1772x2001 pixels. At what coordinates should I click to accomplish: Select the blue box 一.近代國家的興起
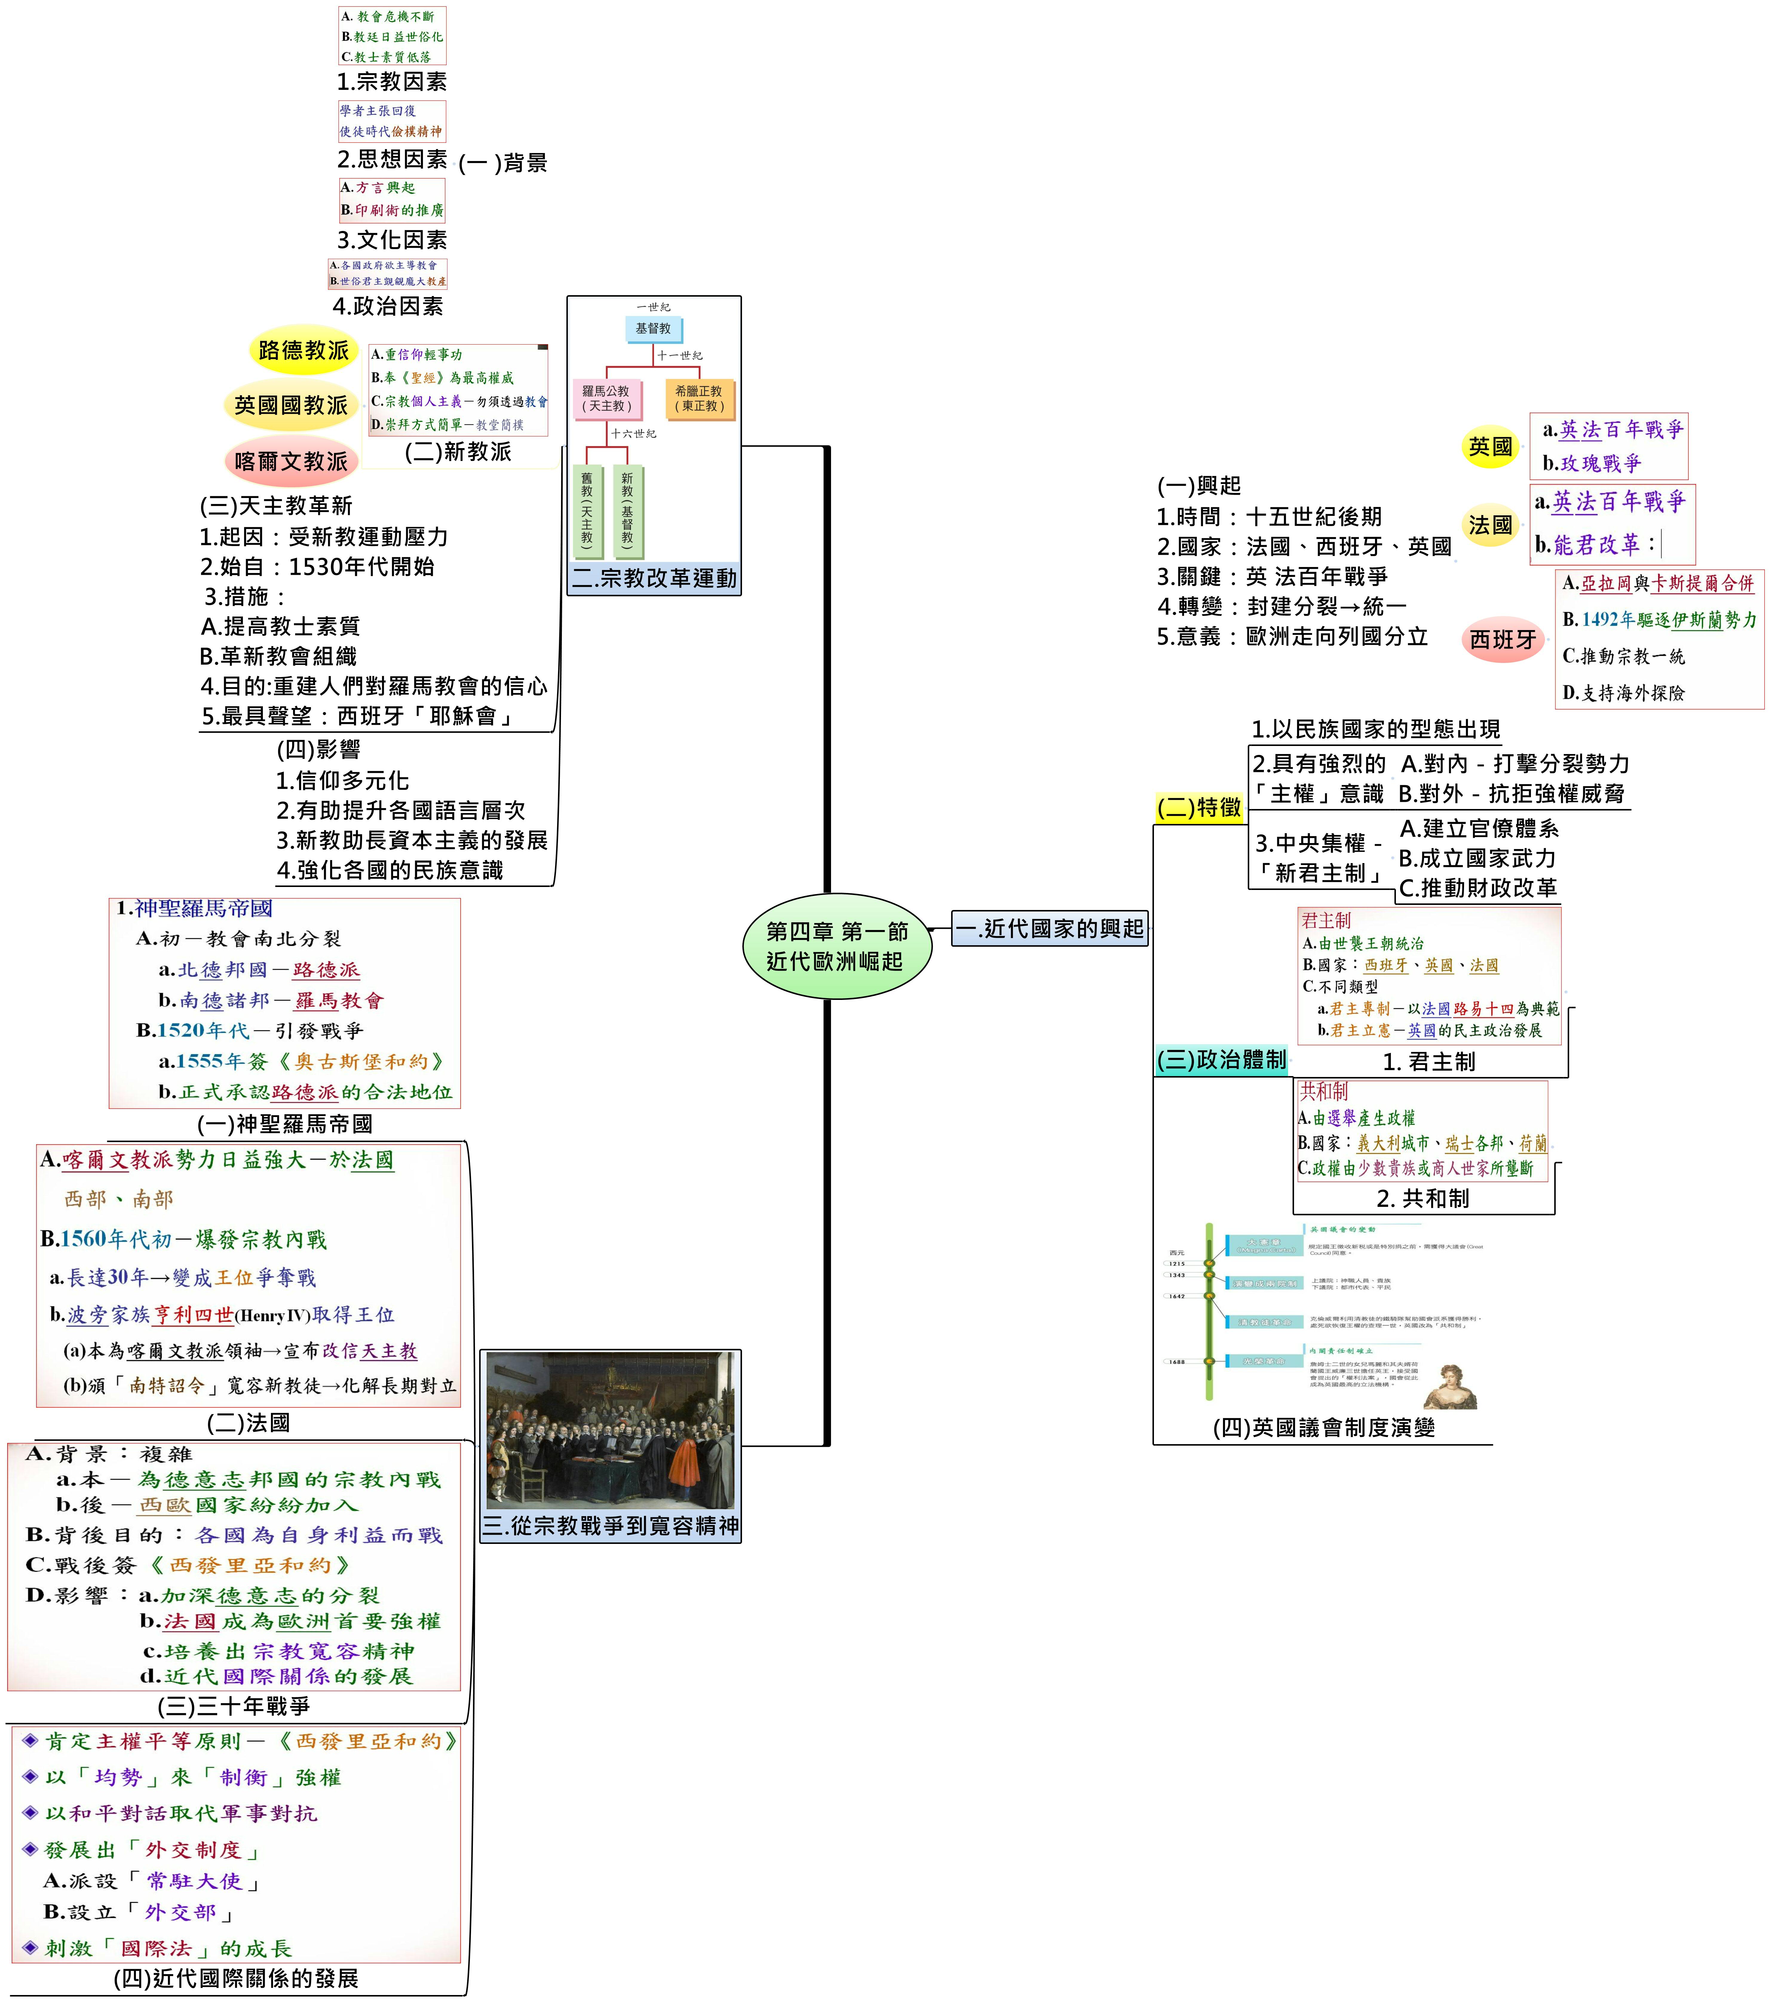click(x=1049, y=928)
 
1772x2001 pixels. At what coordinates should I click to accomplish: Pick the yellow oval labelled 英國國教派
click(x=291, y=404)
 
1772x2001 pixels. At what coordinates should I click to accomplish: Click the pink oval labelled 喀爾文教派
click(x=291, y=461)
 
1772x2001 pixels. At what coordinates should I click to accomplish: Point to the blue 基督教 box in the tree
click(x=653, y=329)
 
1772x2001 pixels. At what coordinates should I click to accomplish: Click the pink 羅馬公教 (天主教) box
click(x=606, y=399)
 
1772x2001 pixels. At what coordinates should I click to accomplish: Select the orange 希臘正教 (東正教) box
click(x=698, y=399)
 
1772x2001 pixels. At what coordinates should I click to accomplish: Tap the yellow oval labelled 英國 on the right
click(x=1490, y=446)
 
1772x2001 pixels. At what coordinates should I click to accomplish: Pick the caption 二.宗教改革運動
click(x=654, y=579)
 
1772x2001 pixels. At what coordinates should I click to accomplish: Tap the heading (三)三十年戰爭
click(x=234, y=1706)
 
